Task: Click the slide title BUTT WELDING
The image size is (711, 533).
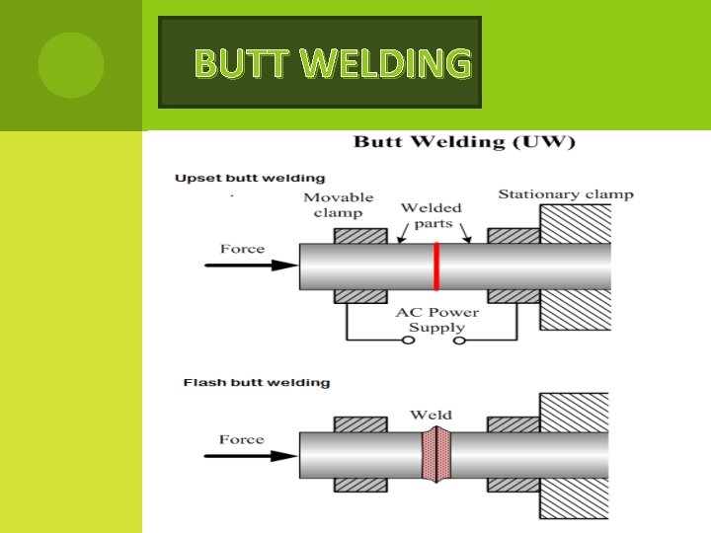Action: [332, 64]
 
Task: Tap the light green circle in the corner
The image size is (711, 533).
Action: [71, 65]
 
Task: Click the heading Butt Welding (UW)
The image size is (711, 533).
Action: [463, 141]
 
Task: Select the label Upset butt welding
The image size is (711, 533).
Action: [250, 179]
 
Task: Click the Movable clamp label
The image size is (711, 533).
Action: [338, 205]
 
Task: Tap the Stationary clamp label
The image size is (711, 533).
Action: [565, 194]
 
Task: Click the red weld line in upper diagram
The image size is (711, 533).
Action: [435, 266]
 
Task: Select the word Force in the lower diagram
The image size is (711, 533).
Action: [242, 439]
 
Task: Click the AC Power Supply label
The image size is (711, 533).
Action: [436, 320]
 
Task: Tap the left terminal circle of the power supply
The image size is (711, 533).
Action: [406, 341]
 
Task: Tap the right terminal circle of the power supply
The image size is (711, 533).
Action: [459, 341]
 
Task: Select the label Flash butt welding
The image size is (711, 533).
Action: [257, 383]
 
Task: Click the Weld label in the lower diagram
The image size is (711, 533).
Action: [431, 415]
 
